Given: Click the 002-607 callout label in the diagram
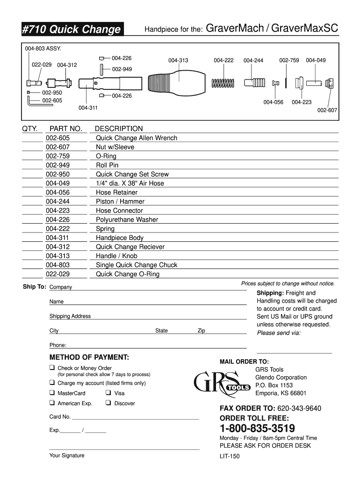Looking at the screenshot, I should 327,110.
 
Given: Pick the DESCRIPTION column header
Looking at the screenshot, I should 119,129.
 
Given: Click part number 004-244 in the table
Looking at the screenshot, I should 58,202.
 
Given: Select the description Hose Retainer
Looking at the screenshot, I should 116,192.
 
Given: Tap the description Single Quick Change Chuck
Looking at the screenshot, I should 137,265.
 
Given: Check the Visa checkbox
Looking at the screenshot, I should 108,393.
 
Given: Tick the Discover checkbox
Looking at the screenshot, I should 108,403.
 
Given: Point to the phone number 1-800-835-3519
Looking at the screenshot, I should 257,428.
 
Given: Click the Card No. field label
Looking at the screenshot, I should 60,417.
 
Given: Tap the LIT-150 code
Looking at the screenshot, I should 230,456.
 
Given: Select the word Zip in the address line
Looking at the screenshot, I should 201,331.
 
